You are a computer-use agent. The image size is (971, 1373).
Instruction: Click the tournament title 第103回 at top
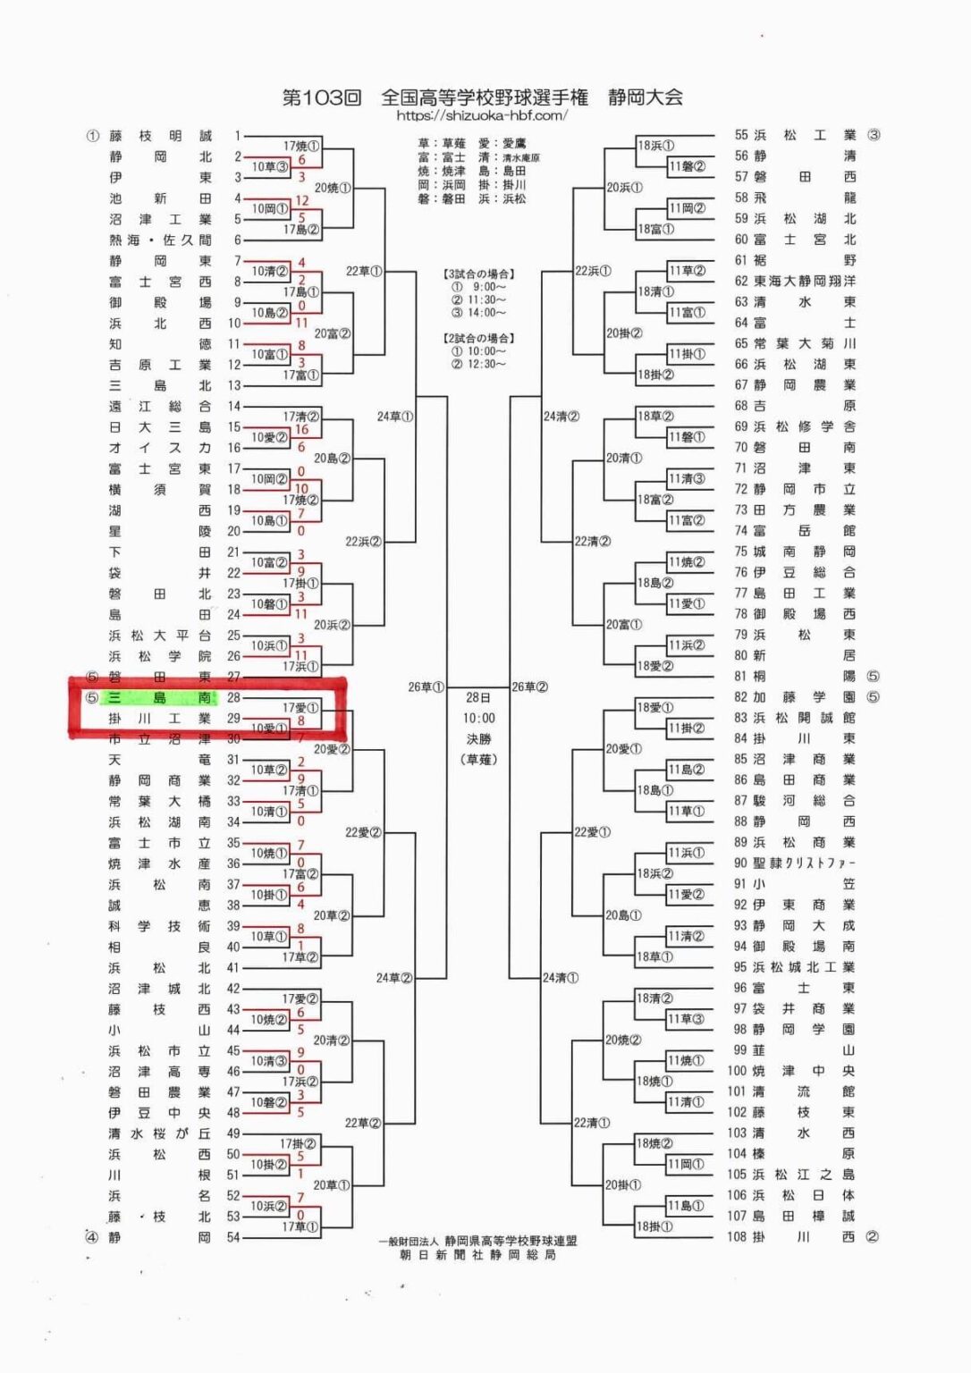point(322,97)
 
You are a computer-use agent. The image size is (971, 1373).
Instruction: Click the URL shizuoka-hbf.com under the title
point(482,115)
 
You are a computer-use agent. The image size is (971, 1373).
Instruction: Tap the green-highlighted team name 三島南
point(160,697)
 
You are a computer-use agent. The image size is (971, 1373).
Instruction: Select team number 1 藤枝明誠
point(161,136)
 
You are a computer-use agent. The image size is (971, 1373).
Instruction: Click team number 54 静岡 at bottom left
point(161,1237)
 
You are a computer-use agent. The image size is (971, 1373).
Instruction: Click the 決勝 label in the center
point(479,739)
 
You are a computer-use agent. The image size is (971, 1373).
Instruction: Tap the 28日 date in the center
point(479,697)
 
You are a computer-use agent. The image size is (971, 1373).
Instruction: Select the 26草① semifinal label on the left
point(426,687)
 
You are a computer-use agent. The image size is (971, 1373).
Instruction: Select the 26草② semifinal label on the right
point(529,687)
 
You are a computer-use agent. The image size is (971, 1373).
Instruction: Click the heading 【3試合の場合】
point(479,274)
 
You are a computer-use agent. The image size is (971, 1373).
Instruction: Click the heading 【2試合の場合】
point(479,338)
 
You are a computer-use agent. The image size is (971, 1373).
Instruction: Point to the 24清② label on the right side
point(561,417)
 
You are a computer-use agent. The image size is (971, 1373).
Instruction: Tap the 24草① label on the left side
point(394,417)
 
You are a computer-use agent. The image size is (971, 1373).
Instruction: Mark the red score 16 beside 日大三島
point(302,430)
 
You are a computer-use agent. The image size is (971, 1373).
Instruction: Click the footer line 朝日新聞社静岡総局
point(477,1255)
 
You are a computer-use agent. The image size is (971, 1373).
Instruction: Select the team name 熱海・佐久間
point(161,240)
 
